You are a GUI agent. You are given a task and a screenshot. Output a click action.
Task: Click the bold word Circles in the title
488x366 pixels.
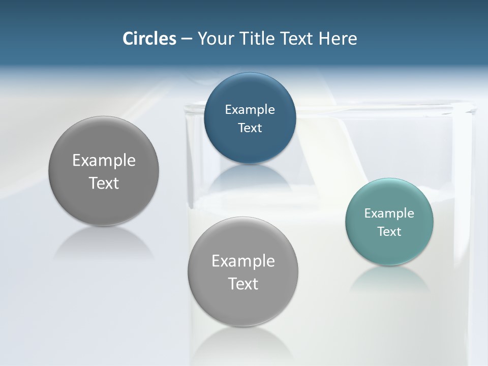[x=149, y=39]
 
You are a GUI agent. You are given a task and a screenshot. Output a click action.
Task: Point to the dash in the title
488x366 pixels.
[x=187, y=39]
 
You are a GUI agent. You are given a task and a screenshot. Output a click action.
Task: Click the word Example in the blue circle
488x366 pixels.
[x=250, y=109]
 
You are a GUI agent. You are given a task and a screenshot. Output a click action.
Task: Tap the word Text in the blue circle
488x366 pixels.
[x=250, y=128]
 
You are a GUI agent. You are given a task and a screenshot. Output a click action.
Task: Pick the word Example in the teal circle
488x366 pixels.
[x=389, y=213]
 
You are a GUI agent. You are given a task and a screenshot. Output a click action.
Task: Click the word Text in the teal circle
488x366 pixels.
[x=389, y=231]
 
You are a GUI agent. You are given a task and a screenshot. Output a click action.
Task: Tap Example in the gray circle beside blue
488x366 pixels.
[x=104, y=160]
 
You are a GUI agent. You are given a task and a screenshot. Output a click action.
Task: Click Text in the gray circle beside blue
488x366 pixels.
[x=104, y=183]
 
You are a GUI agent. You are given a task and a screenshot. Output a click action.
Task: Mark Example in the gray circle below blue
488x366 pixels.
[x=243, y=261]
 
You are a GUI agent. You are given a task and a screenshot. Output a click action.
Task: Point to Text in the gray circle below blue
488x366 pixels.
[x=243, y=284]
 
